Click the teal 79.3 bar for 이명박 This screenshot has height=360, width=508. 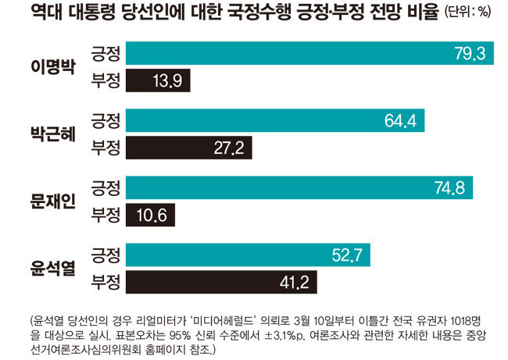point(309,53)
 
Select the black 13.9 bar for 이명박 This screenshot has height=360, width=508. point(158,80)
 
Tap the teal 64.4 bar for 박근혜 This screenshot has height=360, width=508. point(275,120)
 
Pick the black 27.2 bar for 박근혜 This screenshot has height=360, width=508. point(189,148)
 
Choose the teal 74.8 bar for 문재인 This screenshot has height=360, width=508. point(299,187)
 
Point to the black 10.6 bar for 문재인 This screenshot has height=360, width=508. point(150,215)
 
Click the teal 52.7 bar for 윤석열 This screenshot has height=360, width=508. point(249,255)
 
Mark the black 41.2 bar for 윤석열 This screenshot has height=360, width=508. point(222,282)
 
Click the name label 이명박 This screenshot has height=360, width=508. point(53,67)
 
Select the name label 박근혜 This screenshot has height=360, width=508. point(53,134)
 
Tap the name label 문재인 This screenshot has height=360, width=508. point(53,201)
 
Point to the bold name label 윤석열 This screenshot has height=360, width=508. point(53,269)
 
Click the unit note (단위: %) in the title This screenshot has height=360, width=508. point(467,12)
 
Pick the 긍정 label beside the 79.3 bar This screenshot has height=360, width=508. point(106,53)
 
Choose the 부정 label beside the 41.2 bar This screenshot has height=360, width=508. point(106,283)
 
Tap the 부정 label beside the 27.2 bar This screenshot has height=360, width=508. point(106,148)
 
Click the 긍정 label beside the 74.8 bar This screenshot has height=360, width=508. point(106,188)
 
